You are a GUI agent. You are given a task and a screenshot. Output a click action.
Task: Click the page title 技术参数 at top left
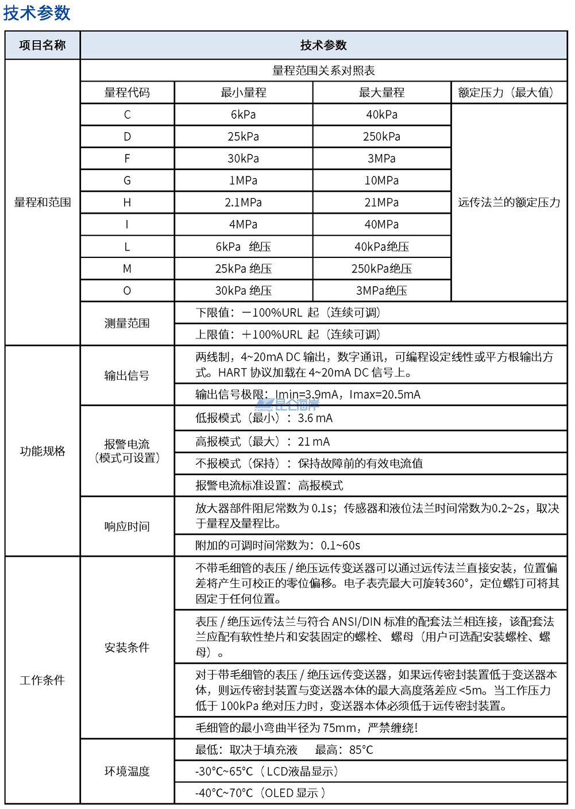(37, 13)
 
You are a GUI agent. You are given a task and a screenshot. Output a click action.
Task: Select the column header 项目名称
(43, 45)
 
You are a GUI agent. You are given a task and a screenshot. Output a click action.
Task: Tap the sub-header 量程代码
(127, 93)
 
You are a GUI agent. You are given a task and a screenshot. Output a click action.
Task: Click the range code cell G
(127, 180)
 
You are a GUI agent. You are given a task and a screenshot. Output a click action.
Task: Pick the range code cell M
(127, 268)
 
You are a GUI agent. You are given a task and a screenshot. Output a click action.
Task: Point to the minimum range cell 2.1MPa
(243, 202)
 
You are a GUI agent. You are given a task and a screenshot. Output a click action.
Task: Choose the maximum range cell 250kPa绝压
(381, 268)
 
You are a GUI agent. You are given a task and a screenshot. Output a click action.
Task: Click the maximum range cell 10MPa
(381, 180)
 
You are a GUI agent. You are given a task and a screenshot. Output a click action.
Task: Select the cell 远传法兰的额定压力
(508, 202)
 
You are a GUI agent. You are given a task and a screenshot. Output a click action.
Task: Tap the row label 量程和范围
(43, 202)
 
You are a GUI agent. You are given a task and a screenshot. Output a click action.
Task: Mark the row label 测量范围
(127, 323)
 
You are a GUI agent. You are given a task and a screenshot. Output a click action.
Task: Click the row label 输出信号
(127, 376)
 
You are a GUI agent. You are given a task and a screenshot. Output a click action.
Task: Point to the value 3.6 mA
(315, 418)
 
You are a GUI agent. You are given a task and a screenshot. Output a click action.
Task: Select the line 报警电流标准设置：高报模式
(269, 486)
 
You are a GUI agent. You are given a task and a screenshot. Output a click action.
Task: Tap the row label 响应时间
(127, 526)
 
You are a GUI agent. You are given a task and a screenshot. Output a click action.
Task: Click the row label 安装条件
(127, 648)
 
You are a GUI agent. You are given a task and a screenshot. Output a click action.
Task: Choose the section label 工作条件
(43, 680)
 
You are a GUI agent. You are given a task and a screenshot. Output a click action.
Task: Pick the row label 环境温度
(127, 771)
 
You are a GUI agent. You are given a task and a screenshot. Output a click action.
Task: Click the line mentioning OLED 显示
(260, 793)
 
